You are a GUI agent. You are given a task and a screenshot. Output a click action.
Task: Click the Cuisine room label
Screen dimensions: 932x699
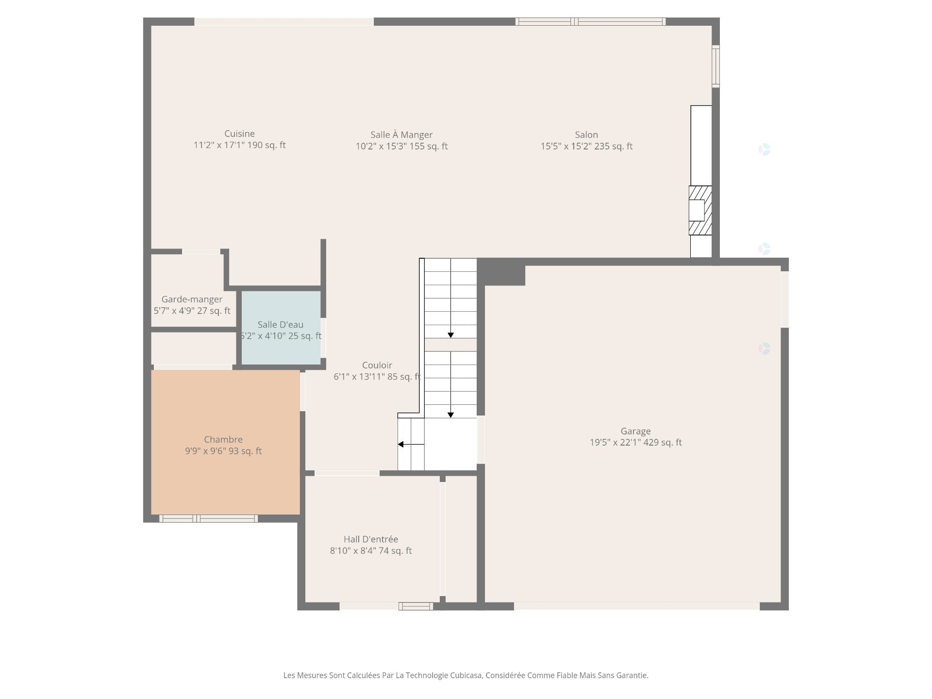coord(239,134)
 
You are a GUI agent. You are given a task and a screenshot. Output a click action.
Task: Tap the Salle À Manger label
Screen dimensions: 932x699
coord(401,135)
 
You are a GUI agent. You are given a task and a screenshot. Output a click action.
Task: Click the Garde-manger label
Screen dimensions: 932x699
coord(192,300)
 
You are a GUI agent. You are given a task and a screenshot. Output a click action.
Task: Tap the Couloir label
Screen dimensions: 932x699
coord(377,366)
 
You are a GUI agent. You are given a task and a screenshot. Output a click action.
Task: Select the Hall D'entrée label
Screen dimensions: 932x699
coord(371,539)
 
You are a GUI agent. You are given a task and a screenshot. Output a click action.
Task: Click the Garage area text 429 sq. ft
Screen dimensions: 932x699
coord(663,443)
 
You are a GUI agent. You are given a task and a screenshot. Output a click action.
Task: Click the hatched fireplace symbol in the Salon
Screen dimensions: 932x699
coord(700,210)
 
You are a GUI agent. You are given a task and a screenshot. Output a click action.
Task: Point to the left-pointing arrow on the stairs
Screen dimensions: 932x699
coord(401,444)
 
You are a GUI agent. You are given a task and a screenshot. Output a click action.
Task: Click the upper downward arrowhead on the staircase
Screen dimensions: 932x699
coord(450,335)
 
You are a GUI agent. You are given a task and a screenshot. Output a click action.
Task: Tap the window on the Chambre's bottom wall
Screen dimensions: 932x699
coord(208,519)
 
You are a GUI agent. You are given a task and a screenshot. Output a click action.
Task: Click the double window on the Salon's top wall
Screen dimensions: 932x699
coord(590,21)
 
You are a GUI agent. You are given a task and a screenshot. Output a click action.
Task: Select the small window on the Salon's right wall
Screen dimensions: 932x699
coord(716,66)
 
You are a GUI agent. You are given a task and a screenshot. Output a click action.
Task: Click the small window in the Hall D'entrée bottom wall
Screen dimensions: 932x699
coord(416,606)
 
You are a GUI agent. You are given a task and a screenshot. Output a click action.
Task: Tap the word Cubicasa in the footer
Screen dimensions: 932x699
coord(466,675)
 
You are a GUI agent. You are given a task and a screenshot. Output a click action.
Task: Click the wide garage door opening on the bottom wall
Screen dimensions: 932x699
coord(636,606)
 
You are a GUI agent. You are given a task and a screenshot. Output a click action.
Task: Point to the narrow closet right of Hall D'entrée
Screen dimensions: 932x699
coord(461,539)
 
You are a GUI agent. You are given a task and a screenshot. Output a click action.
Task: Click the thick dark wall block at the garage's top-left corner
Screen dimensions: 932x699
coord(501,272)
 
